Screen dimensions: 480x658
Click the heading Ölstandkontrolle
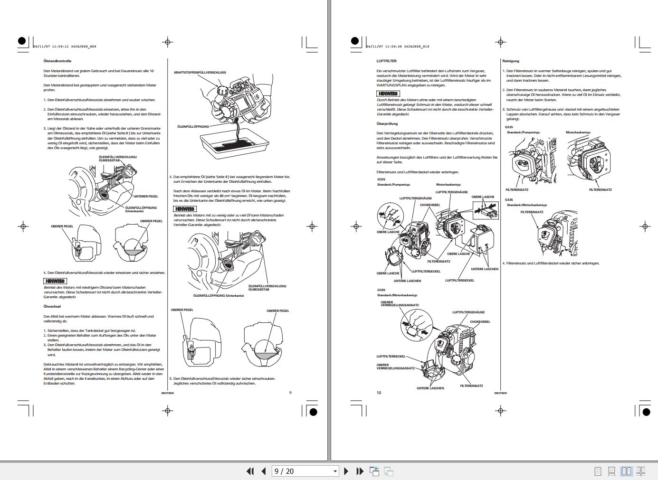pos(57,61)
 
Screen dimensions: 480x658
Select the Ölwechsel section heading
pos(52,307)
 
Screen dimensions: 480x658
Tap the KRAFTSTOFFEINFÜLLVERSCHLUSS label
pos(200,73)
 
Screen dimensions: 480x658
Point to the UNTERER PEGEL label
pos(146,196)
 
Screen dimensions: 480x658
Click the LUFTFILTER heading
pos(386,61)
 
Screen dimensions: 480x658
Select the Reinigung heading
pos(511,61)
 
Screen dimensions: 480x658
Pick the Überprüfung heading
pos(387,124)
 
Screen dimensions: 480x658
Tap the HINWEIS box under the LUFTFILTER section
pos(388,94)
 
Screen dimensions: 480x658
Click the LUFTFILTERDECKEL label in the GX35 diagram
pos(391,357)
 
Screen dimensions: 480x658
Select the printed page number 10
pos(379,393)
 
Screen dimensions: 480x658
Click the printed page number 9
pos(290,393)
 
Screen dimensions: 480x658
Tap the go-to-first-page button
pos(250,471)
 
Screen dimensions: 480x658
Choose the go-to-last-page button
pos(360,471)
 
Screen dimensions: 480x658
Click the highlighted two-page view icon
pos(627,471)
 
